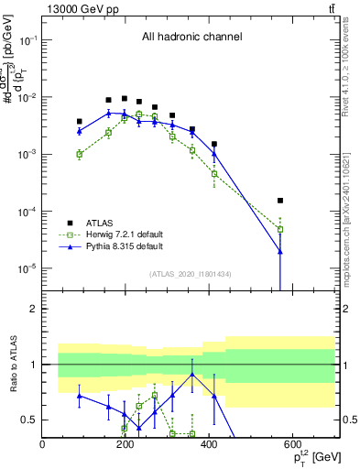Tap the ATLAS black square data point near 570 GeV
point(280,200)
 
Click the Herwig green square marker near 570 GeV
point(280,229)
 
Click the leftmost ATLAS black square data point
point(80,121)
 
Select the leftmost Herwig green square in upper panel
point(80,154)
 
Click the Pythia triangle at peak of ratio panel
point(192,375)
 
